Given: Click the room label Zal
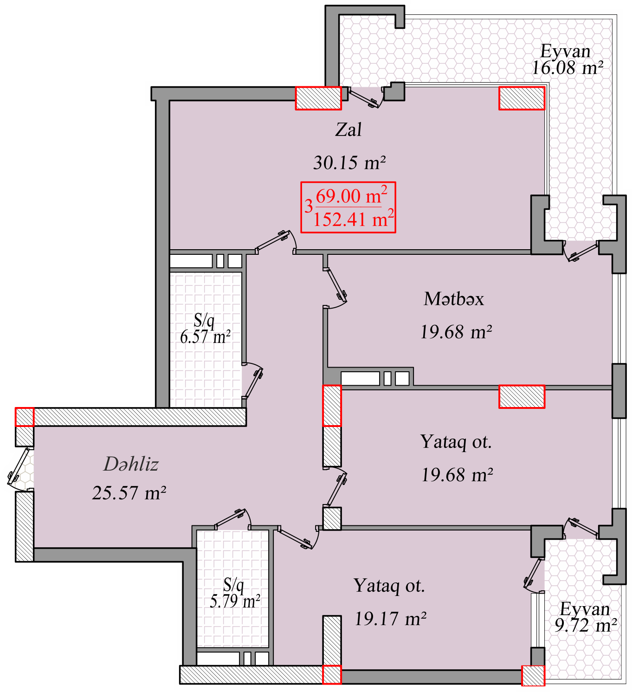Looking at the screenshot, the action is click(348, 130).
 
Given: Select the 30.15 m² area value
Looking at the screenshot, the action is click(349, 162).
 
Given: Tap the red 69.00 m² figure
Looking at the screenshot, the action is click(351, 195).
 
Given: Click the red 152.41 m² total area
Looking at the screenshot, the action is click(353, 218).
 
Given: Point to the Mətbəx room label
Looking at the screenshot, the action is click(454, 299).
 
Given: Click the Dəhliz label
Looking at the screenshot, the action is click(131, 464).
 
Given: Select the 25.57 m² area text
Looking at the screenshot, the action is click(129, 492).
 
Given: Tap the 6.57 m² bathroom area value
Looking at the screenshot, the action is click(205, 336).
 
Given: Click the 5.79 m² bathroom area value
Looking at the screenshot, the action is click(235, 601).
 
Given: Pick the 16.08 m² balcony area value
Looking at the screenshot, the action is click(567, 67).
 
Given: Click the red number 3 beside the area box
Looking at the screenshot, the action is click(308, 207).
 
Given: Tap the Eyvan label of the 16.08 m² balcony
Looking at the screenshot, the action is click(565, 51).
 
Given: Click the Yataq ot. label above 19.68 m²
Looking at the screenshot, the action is click(456, 441).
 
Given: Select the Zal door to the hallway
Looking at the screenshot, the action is click(276, 241).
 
